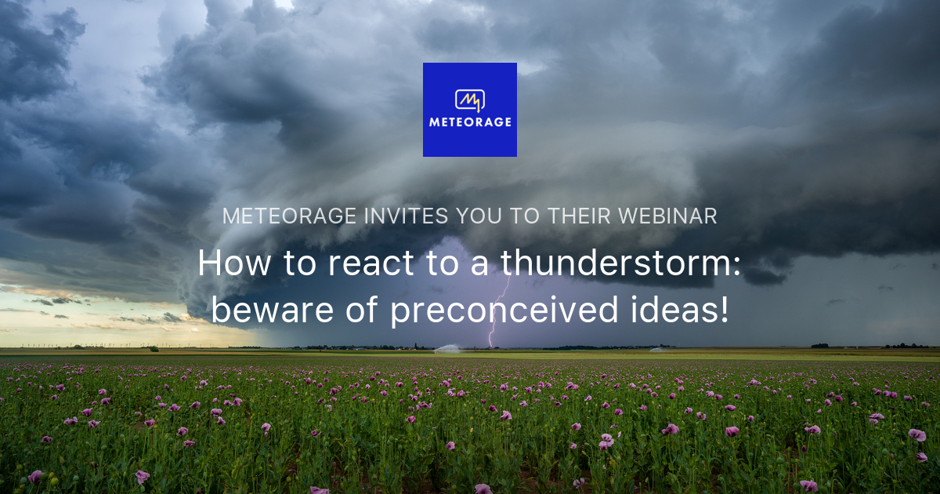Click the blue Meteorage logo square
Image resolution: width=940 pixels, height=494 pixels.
(469, 109)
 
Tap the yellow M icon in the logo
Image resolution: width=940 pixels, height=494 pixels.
(470, 100)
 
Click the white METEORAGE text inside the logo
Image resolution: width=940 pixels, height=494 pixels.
(470, 122)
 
